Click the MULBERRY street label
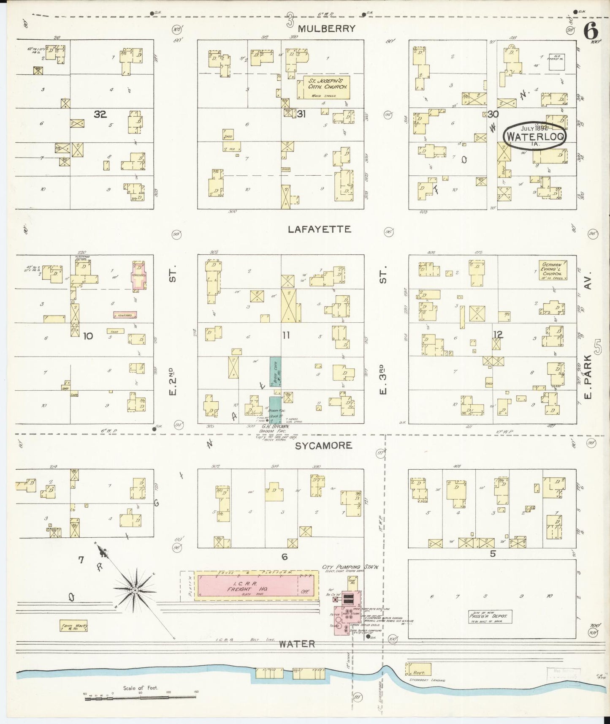point(326,29)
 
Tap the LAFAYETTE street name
point(319,229)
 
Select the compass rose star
point(134,590)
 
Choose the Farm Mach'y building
point(73,626)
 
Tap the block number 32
point(100,114)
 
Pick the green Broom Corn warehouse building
point(276,372)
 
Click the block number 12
point(498,335)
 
